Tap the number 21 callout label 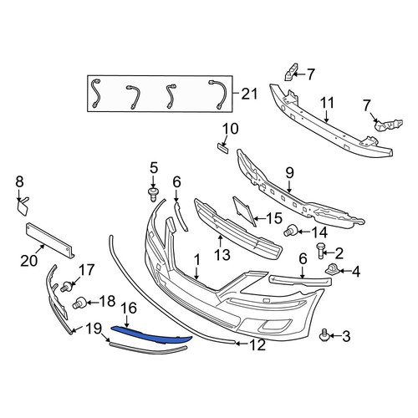tap(250, 94)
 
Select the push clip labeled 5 tap(152, 195)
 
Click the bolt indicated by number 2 tap(320, 250)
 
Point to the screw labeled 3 tap(324, 335)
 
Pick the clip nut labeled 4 tap(332, 269)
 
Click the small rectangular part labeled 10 tap(223, 148)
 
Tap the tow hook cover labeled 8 tap(23, 206)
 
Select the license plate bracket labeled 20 tap(50, 240)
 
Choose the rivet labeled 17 tap(67, 287)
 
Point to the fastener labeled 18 tap(80, 303)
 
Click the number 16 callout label tap(129, 308)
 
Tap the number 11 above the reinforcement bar tap(327, 104)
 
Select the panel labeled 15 tap(244, 212)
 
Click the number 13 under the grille tap(222, 255)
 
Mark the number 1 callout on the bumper tap(197, 260)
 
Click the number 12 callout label tap(257, 345)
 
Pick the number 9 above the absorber tap(289, 173)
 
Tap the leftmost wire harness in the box tap(95, 94)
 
